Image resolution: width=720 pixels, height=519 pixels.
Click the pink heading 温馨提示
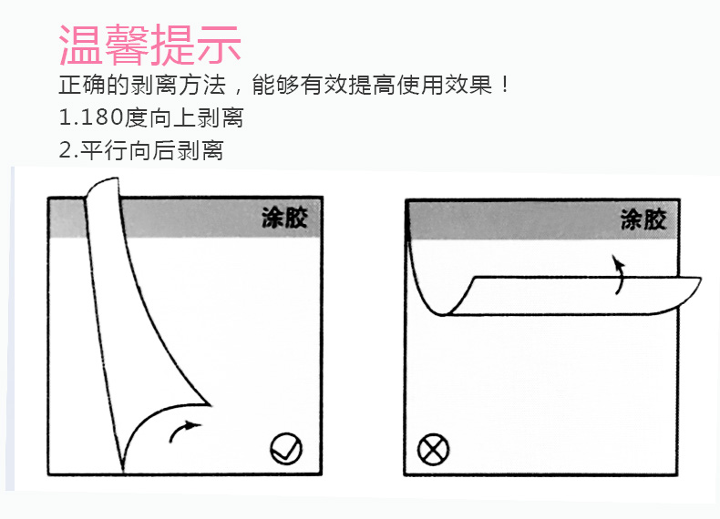[x=150, y=45]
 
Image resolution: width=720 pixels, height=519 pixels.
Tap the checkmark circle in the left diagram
[x=286, y=448]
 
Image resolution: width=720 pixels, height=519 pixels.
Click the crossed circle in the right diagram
[x=433, y=449]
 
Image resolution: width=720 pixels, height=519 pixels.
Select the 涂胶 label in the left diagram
[x=284, y=218]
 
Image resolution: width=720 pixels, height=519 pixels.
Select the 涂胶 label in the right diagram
[x=643, y=219]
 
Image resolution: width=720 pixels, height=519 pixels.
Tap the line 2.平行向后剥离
[x=141, y=150]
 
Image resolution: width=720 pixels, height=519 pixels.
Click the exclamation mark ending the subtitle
[x=505, y=85]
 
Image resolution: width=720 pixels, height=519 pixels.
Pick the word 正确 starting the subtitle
[x=82, y=85]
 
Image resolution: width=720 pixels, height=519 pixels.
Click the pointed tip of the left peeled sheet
[x=210, y=405]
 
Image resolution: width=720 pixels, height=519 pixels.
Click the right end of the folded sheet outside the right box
[x=700, y=279]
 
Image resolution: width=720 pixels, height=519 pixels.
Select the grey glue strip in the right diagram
[x=542, y=219]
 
